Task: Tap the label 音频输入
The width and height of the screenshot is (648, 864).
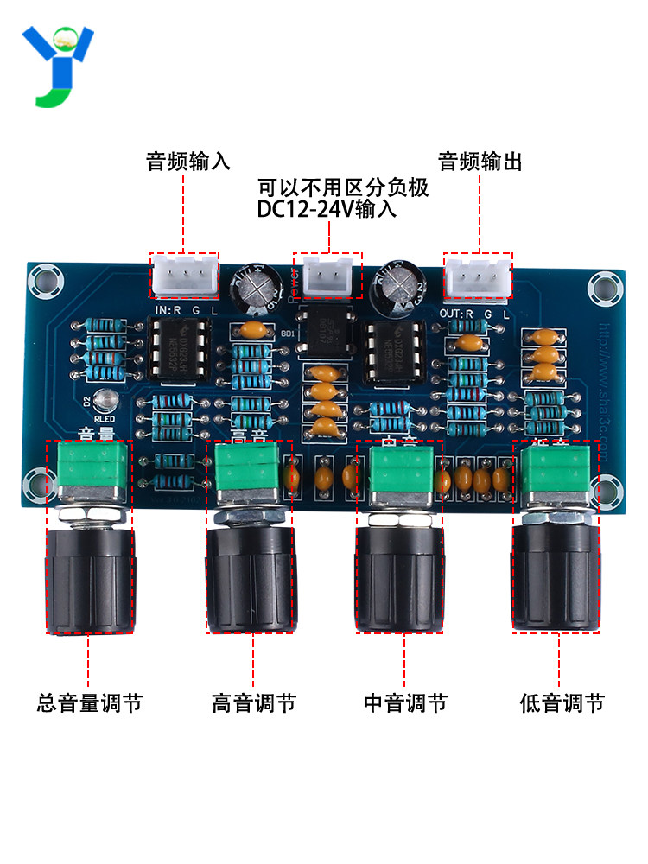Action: [188, 162]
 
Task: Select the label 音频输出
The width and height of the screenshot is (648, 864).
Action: [480, 162]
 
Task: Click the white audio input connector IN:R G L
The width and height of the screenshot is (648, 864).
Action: [184, 276]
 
